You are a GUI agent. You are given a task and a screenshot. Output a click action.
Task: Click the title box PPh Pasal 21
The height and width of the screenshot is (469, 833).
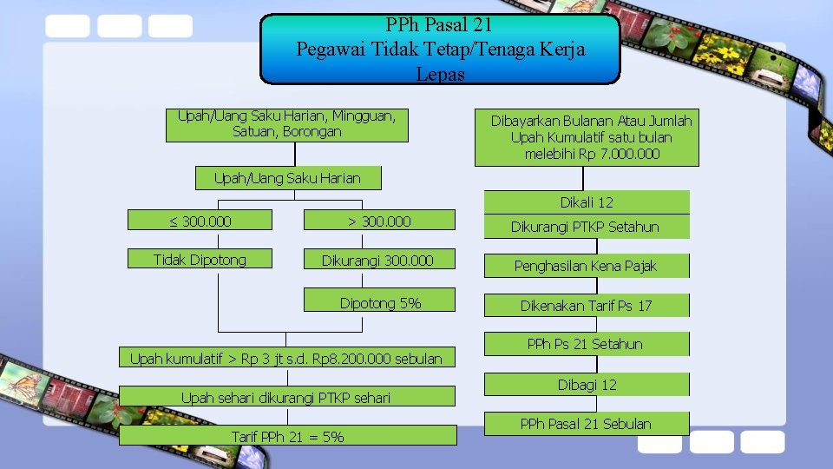point(441,49)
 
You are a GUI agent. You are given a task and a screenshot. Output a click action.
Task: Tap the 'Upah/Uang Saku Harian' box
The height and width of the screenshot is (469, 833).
point(287,178)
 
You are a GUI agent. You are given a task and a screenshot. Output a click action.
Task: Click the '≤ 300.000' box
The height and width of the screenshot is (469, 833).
point(200,221)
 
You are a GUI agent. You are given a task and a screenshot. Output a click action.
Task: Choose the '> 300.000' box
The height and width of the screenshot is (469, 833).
point(379,221)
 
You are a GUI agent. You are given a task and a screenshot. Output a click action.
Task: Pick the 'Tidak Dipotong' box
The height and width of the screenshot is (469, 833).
point(200,259)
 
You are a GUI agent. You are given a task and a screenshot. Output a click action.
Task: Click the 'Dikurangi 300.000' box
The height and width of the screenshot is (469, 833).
point(379,260)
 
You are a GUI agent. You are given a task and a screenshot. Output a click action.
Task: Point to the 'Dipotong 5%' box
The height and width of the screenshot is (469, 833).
point(379,302)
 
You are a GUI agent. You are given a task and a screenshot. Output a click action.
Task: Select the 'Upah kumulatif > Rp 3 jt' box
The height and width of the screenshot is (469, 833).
point(285,358)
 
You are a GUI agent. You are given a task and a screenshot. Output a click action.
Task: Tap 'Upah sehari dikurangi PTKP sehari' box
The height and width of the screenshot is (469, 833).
point(285,398)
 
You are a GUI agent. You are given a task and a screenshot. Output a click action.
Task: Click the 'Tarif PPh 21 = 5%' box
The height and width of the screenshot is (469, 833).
point(287,436)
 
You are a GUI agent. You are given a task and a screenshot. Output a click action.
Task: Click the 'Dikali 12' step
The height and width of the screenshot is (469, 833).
point(587,202)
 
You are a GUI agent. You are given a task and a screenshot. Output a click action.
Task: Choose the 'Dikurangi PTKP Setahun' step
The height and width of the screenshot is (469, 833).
point(587,227)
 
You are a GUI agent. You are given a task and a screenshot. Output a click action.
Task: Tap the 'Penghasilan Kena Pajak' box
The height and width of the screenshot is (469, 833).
point(587,266)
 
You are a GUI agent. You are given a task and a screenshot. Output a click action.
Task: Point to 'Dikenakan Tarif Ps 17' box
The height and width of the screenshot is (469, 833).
point(587,305)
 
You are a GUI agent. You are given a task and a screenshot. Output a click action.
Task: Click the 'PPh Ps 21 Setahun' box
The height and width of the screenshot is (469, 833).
point(587,344)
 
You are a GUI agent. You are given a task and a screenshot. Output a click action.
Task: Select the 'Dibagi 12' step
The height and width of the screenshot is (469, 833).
point(587,384)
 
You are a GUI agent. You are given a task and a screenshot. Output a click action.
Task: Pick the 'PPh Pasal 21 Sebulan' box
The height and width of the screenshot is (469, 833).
point(587,424)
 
